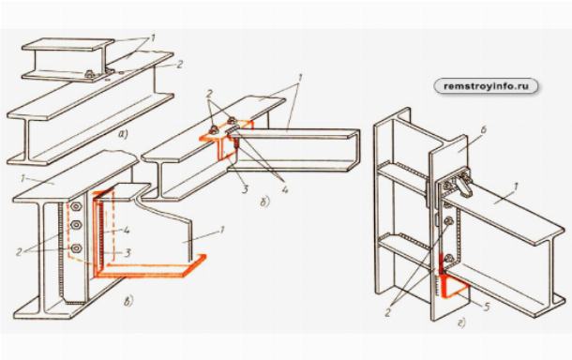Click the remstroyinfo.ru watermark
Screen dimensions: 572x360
tap(486, 86)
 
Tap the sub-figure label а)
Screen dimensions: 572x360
tap(124, 135)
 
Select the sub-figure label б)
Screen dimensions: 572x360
tap(265, 202)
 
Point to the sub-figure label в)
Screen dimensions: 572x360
tap(128, 301)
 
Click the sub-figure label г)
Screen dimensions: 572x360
tap(462, 322)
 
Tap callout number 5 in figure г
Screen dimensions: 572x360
tap(486, 307)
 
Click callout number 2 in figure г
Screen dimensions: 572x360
tap(388, 312)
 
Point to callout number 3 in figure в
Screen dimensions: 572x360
tap(128, 252)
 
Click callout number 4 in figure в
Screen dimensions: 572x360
tap(127, 231)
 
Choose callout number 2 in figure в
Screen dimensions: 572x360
tap(20, 251)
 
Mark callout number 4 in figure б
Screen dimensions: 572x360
tap(285, 189)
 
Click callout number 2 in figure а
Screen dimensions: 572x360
tap(179, 64)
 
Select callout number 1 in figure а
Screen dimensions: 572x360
tap(153, 37)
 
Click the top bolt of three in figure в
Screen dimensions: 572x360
tap(76, 207)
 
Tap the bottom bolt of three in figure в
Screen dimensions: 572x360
tap(76, 248)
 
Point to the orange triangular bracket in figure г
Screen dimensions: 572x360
tap(452, 286)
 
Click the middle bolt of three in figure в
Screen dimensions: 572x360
tap(76, 225)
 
